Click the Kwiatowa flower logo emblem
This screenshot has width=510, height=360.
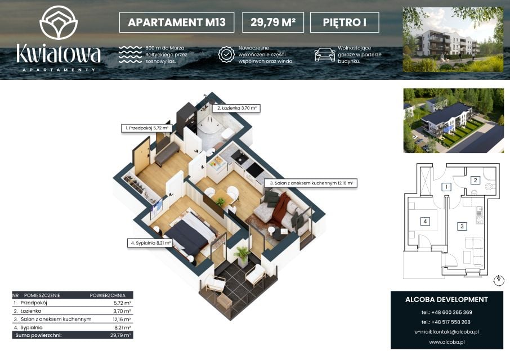pos(59,22)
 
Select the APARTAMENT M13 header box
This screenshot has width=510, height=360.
pos(177,22)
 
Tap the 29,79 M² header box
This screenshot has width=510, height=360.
pos(273,22)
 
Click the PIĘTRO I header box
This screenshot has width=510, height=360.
pos(345,22)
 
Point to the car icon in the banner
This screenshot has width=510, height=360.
pos(325,54)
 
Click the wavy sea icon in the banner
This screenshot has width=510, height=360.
pos(130,54)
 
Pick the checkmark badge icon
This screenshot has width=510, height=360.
pos(226,54)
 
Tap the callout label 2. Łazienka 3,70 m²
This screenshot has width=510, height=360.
pos(236,108)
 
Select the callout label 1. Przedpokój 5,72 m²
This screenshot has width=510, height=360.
pos(146,128)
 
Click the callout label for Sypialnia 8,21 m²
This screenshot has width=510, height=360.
pos(150,243)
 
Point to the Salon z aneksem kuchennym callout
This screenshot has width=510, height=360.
pos(311,183)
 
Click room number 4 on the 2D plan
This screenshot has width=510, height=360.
pos(425,222)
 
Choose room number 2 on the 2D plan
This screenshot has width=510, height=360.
pos(476,181)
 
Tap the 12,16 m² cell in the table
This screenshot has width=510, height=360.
pos(122,319)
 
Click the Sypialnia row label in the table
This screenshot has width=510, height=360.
pos(32,327)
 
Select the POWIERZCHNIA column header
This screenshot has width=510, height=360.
pos(108,295)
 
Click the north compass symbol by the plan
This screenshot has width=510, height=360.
pos(499,280)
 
